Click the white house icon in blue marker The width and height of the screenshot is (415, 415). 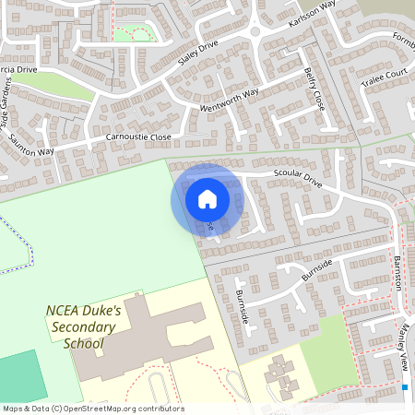coord(207,199)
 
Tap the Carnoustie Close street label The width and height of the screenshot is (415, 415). coord(138,136)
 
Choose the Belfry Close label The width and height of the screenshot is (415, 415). coord(314,89)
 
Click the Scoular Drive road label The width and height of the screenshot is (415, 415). coord(297,179)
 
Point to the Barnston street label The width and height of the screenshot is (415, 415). coord(398,273)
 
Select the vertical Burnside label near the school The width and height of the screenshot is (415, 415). coord(243,305)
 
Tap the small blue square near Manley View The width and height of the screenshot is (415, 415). coord(405,387)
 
